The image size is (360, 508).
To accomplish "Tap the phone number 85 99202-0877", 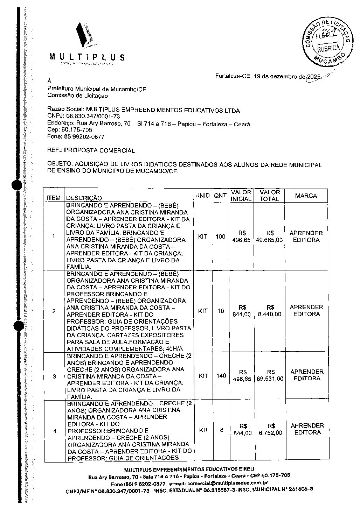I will click(83, 137).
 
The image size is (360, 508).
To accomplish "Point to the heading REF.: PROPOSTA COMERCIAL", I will click(91, 151).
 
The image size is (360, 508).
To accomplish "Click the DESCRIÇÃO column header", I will click(84, 198).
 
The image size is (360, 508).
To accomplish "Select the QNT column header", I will click(220, 196).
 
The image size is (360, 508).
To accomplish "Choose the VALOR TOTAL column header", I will click(270, 196).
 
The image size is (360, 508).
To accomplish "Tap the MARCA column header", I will click(306, 196).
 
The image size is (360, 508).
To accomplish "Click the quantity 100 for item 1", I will click(220, 237).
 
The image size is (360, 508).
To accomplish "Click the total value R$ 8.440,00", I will click(270, 311).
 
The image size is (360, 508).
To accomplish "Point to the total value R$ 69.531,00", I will click(270, 375).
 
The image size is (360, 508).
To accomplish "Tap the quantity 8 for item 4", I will click(222, 430).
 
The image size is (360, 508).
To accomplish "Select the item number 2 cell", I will click(54, 311).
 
